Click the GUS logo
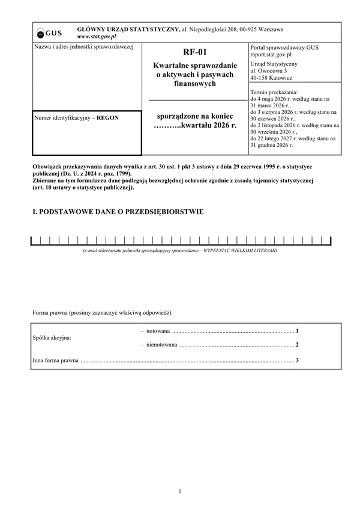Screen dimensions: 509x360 point(46,32)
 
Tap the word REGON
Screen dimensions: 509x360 point(107,118)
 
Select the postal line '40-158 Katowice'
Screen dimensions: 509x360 point(272,77)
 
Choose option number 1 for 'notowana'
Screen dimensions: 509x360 point(297,331)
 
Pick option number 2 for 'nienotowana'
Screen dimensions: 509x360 point(297,345)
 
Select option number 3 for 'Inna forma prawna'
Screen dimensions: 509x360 point(297,360)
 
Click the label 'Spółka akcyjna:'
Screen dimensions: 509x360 point(52,338)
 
